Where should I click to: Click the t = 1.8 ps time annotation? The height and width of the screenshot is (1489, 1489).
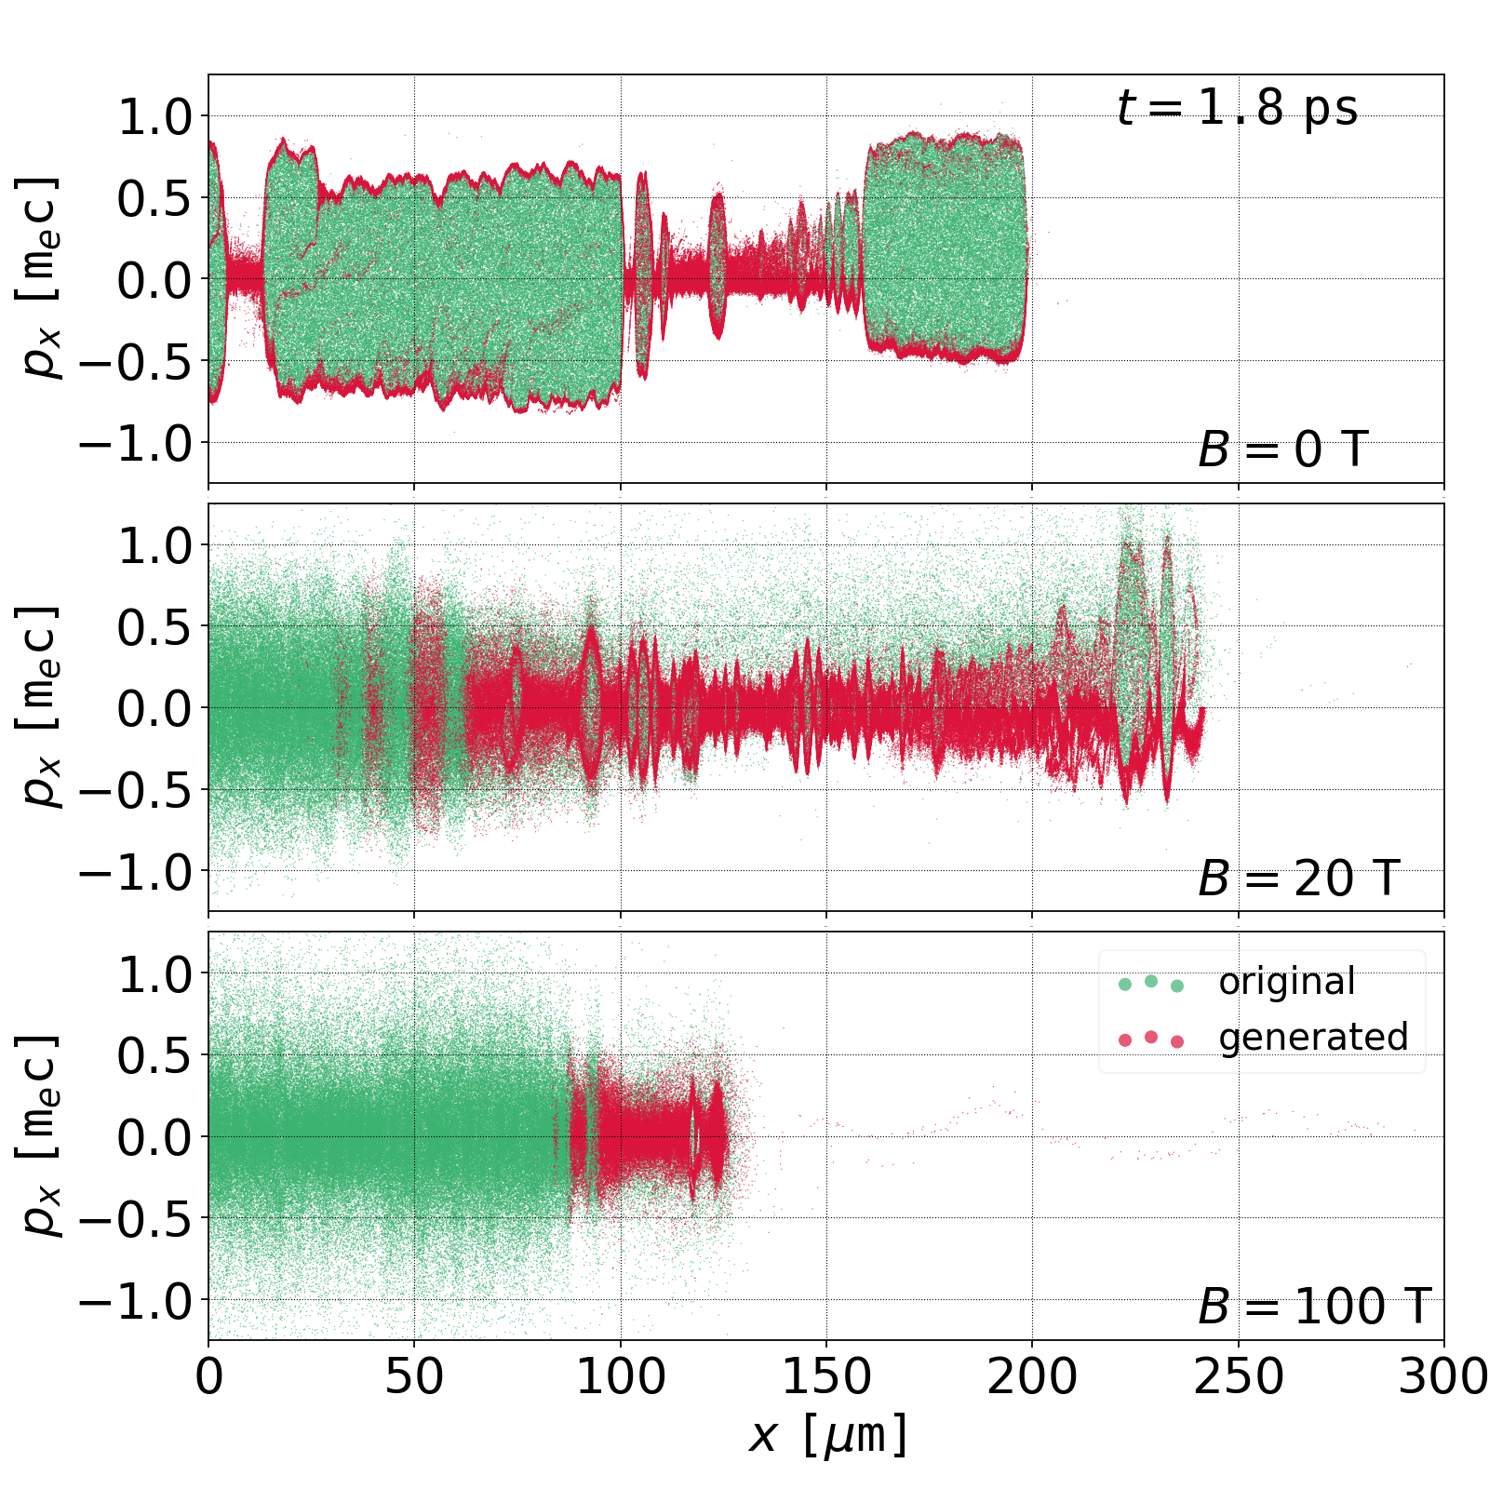pyautogui.click(x=1237, y=109)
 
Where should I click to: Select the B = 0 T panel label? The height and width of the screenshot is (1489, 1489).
pyautogui.click(x=1282, y=450)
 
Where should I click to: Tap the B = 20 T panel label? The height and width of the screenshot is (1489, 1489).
pyautogui.click(x=1298, y=879)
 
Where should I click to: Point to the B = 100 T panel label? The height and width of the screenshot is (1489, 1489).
pyautogui.click(x=1314, y=1307)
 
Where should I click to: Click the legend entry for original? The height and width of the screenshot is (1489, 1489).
pyautogui.click(x=1287, y=982)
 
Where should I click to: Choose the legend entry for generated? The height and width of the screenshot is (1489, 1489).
pyautogui.click(x=1313, y=1037)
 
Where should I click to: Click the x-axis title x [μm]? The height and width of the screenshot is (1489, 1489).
pyautogui.click(x=826, y=1434)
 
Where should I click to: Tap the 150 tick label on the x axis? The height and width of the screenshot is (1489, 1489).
pyautogui.click(x=826, y=1376)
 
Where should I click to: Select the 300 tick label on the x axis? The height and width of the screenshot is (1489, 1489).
pyautogui.click(x=1442, y=1376)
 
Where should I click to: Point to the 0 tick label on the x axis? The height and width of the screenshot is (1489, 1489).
pyautogui.click(x=209, y=1376)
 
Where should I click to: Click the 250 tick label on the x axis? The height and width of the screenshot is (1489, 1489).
pyautogui.click(x=1238, y=1376)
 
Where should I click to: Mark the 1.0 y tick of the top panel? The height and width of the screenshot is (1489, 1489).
pyautogui.click(x=154, y=116)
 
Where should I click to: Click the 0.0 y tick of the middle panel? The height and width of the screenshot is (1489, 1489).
pyautogui.click(x=154, y=708)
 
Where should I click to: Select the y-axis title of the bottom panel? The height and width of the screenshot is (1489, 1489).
pyautogui.click(x=39, y=1135)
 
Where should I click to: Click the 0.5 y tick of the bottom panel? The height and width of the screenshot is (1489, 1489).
pyautogui.click(x=154, y=1054)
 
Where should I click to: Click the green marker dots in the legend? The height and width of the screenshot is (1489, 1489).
pyautogui.click(x=1151, y=983)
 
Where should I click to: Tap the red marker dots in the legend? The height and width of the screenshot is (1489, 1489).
pyautogui.click(x=1151, y=1039)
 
